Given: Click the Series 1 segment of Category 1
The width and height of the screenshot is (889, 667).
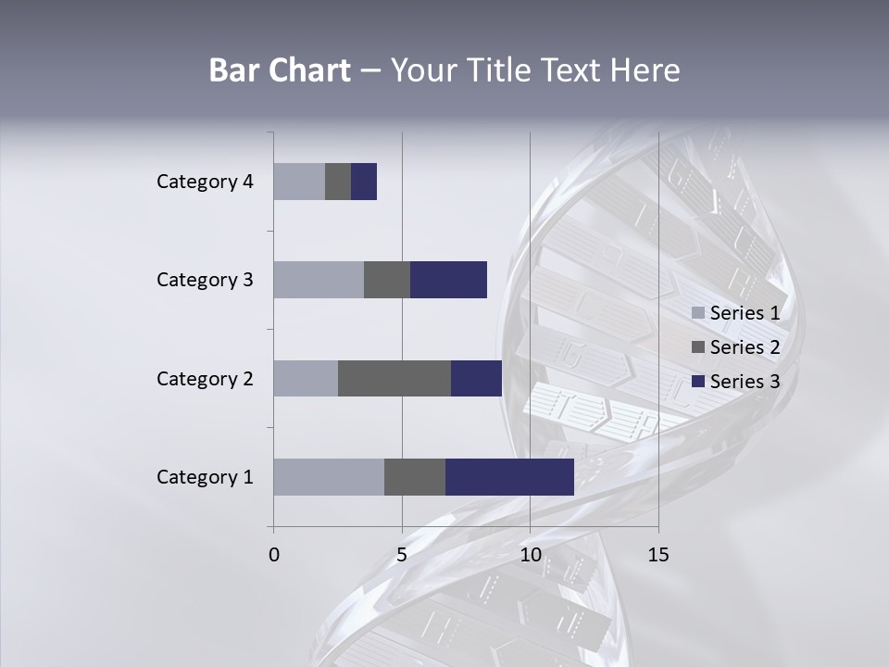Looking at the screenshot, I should [x=329, y=476].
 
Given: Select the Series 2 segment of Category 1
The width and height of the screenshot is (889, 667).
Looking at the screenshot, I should [x=415, y=476].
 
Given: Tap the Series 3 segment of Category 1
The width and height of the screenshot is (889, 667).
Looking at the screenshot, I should [x=509, y=476].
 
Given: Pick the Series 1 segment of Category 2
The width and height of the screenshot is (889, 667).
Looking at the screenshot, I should [x=306, y=378].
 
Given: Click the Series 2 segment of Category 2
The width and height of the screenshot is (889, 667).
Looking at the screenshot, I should [x=394, y=378].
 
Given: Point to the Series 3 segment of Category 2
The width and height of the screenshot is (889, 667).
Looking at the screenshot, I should [x=476, y=378].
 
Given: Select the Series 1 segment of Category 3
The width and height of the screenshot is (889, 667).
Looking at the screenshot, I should [x=319, y=279].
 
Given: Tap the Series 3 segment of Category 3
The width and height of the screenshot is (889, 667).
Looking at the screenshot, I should [x=448, y=279].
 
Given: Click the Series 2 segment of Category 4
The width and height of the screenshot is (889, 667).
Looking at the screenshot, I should [x=338, y=181].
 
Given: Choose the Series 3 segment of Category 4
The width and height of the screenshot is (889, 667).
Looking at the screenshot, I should [x=364, y=181].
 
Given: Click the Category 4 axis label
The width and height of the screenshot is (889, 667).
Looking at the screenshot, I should [x=205, y=182].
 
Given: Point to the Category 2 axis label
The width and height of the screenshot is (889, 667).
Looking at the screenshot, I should [x=205, y=379].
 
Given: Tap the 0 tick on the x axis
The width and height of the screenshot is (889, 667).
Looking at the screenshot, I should [x=274, y=556].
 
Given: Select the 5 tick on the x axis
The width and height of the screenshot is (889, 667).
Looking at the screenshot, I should [x=402, y=556].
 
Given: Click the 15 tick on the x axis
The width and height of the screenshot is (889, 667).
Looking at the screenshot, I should [x=658, y=556].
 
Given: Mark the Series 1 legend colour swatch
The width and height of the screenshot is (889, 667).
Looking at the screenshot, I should [x=698, y=313].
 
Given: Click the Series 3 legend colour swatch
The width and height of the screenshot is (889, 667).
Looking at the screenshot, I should [x=698, y=382].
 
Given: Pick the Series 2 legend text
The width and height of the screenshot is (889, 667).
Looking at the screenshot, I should [x=745, y=347].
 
